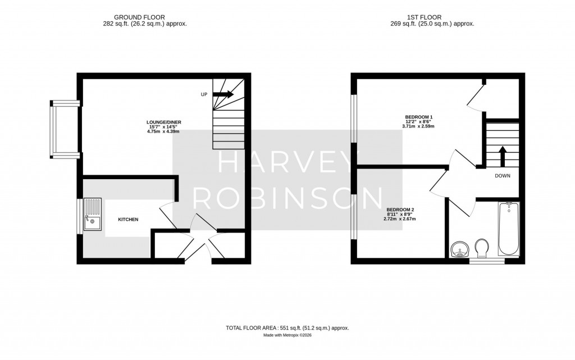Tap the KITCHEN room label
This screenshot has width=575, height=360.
click(x=128, y=220)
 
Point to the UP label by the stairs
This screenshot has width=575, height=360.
click(x=204, y=94)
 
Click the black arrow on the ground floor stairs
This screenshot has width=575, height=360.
click(x=223, y=94)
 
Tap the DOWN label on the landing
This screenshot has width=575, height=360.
click(x=503, y=176)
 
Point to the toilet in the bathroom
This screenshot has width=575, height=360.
click(x=481, y=248)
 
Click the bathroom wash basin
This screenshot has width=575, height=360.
click(x=459, y=249)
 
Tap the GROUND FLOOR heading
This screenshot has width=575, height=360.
click(x=140, y=17)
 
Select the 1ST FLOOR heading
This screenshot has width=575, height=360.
click(x=432, y=17)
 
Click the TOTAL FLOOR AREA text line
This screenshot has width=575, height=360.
click(x=287, y=327)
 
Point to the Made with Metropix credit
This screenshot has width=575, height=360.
click(x=287, y=335)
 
